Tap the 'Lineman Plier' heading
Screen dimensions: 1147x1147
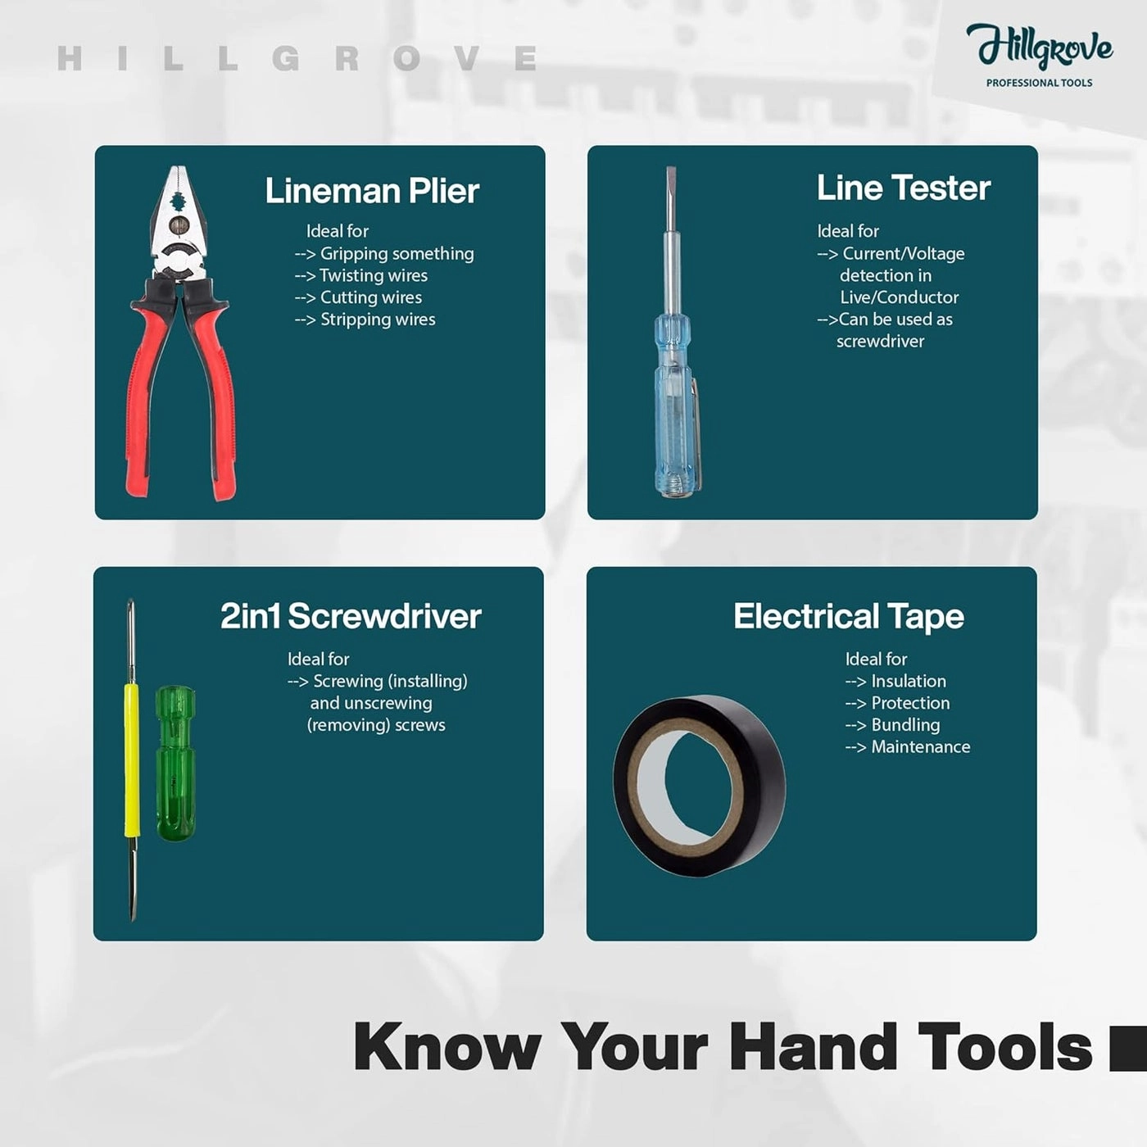tap(372, 191)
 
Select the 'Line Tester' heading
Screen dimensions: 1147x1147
tap(904, 188)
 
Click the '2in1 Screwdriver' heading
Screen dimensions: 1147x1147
tap(351, 616)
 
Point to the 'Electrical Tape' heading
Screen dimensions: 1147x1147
tap(849, 617)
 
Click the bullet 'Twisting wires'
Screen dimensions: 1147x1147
tap(374, 275)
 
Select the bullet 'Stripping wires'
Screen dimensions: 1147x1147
tap(378, 320)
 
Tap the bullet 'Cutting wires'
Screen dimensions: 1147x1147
tap(371, 297)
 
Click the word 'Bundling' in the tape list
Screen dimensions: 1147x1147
tap(905, 725)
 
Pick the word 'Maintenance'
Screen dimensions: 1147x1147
tap(921, 747)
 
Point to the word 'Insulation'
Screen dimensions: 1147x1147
tap(909, 681)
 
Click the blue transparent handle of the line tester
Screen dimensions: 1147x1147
tap(673, 405)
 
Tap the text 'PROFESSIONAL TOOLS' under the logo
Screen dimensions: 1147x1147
tap(1040, 84)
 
